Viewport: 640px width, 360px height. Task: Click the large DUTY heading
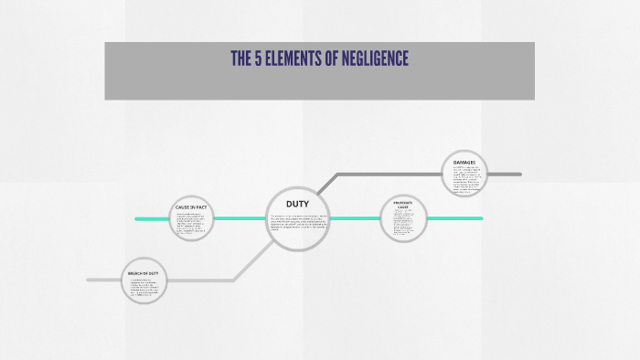[297, 203]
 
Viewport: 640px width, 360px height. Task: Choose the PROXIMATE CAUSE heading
[403, 205]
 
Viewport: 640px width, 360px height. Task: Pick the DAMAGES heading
[464, 162]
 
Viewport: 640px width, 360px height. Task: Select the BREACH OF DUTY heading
[144, 273]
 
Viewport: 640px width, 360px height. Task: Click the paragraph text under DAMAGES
[464, 179]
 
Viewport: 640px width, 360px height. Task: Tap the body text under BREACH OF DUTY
[144, 289]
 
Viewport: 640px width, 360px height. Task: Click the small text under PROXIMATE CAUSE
[403, 222]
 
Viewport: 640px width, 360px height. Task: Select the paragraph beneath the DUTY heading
[298, 222]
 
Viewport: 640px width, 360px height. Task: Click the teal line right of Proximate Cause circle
[454, 218]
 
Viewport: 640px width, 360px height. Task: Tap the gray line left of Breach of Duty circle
[103, 280]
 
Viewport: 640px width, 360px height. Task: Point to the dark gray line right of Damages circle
[504, 174]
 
